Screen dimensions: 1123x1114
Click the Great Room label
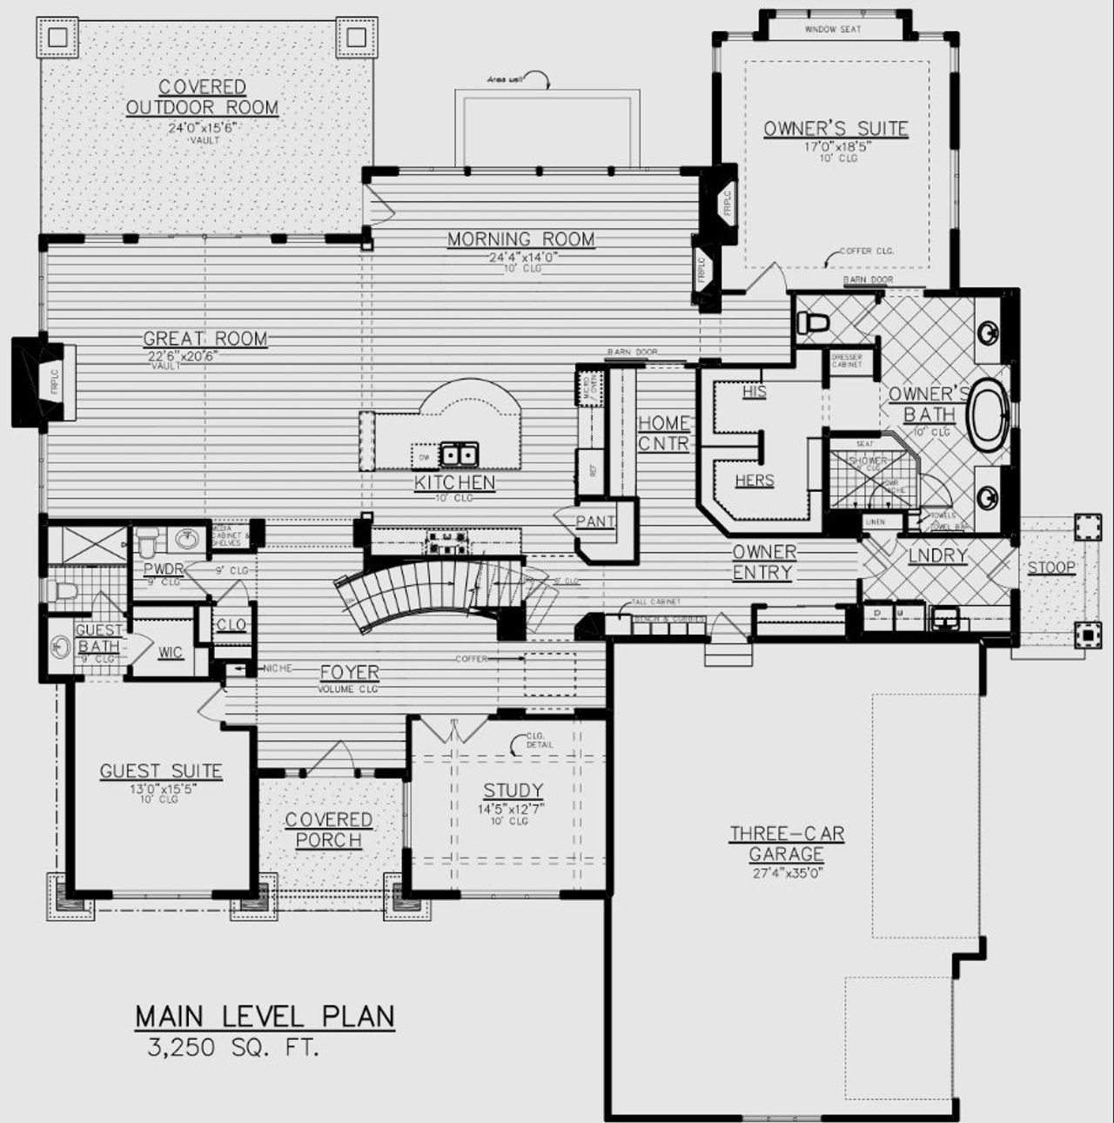point(205,339)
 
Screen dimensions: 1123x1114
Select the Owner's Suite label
point(835,130)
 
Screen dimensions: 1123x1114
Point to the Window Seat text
point(832,30)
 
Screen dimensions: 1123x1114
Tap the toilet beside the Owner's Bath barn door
point(814,325)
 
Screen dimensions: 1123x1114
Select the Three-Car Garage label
point(787,844)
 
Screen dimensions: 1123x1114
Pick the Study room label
point(513,790)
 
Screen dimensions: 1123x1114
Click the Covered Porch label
point(329,830)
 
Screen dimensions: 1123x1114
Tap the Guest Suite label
point(160,771)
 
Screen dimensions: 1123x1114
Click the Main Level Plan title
point(265,1016)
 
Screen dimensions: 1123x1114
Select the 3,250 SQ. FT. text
point(233,1047)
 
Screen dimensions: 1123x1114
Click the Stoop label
point(1051,568)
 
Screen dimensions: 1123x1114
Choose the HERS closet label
point(754,481)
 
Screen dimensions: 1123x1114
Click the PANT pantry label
point(595,522)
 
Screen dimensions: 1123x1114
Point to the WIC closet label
point(171,652)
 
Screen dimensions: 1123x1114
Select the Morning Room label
point(520,239)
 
